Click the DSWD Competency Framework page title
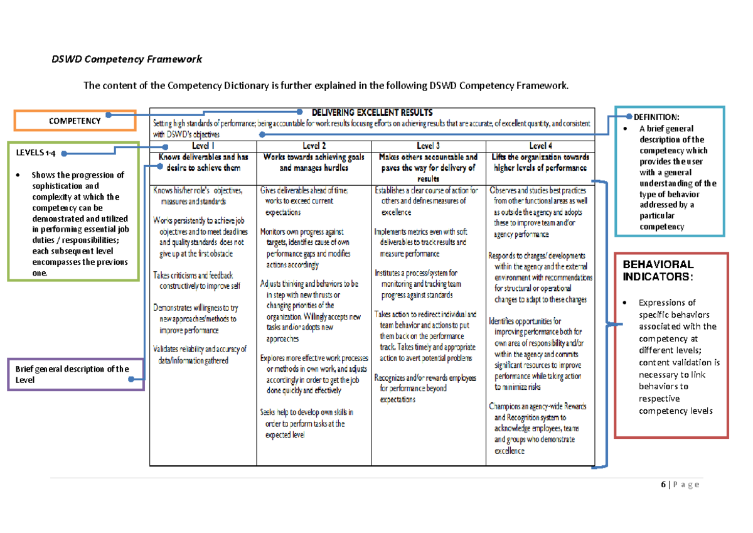[126, 60]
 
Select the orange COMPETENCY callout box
[75, 121]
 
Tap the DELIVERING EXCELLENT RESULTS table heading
[372, 113]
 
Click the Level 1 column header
[203, 145]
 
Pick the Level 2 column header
[313, 145]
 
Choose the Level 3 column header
[428, 145]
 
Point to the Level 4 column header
[540, 145]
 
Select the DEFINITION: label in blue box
[656, 117]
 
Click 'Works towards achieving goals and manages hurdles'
[313, 163]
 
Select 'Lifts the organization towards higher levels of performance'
[540, 163]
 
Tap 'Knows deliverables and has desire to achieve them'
[203, 163]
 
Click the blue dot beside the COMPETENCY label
[109, 115]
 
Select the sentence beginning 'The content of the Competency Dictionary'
[326, 85]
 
